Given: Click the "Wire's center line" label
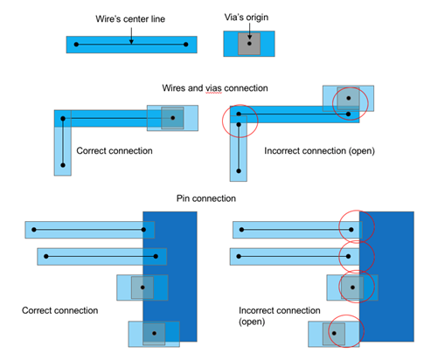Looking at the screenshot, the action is (x=130, y=19).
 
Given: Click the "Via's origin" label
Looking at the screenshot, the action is (x=247, y=17).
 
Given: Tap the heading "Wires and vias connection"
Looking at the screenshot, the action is (x=215, y=88).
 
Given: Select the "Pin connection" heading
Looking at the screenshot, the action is (x=206, y=198).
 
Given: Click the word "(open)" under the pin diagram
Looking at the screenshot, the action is (x=252, y=322).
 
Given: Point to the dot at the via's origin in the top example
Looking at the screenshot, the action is (x=249, y=44).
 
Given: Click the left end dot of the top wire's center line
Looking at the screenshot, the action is (x=76, y=45).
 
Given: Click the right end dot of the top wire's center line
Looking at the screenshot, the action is (x=186, y=45).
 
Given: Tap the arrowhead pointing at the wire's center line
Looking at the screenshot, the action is (x=131, y=42).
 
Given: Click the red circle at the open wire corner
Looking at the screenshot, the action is (x=223, y=121).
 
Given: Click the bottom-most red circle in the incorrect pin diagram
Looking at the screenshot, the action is (x=329, y=331).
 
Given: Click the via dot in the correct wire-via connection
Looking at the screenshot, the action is (x=173, y=118).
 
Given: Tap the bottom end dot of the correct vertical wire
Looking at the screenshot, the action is (x=63, y=165).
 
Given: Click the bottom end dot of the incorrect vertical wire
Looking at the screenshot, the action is (x=239, y=171).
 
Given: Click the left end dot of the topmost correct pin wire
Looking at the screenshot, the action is (x=34, y=230).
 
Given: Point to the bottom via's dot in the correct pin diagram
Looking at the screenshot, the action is (x=154, y=333).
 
